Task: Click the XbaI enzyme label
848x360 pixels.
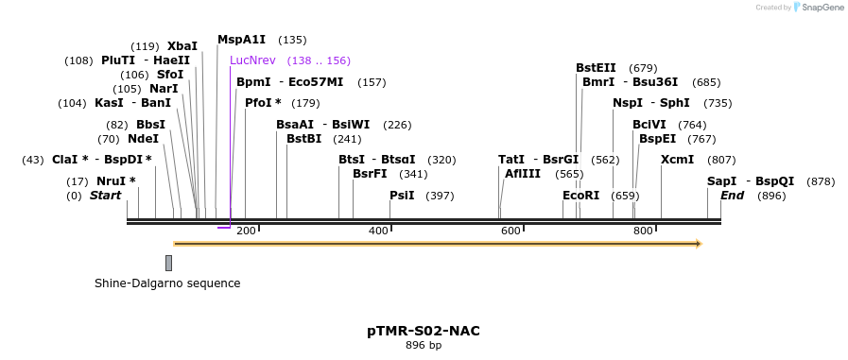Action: [x=182, y=45]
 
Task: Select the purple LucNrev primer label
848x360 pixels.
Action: [x=252, y=60]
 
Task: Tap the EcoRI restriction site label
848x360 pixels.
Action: [x=580, y=196]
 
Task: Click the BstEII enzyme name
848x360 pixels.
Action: [x=596, y=67]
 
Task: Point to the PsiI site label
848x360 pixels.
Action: [x=402, y=196]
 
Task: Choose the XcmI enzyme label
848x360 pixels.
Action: [x=677, y=160]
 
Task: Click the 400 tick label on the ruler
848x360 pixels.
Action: [x=378, y=231]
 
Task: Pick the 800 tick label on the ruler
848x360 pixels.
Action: [x=643, y=231]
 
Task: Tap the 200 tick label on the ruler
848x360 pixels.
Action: [x=246, y=231]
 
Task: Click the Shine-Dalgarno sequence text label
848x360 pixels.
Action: [x=167, y=283]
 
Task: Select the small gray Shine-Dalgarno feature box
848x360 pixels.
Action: [x=168, y=263]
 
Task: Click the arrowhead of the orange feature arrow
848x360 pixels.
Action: [x=699, y=244]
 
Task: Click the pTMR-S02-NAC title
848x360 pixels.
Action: [x=424, y=331]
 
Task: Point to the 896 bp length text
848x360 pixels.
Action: [x=424, y=346]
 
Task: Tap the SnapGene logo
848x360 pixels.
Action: [x=819, y=7]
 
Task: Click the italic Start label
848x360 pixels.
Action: [x=105, y=196]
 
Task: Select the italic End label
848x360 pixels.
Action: [x=732, y=196]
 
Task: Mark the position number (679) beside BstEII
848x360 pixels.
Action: [x=643, y=67]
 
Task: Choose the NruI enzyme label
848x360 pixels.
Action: [x=115, y=180]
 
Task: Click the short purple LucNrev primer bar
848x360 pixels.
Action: [x=224, y=227]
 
